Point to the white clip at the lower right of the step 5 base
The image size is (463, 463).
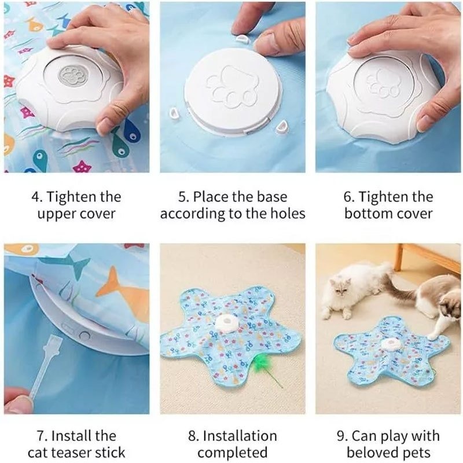281,127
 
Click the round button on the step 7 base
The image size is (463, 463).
84,336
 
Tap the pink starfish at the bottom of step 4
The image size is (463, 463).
82,166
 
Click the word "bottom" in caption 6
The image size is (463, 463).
368,214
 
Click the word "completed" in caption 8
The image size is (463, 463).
233,453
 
